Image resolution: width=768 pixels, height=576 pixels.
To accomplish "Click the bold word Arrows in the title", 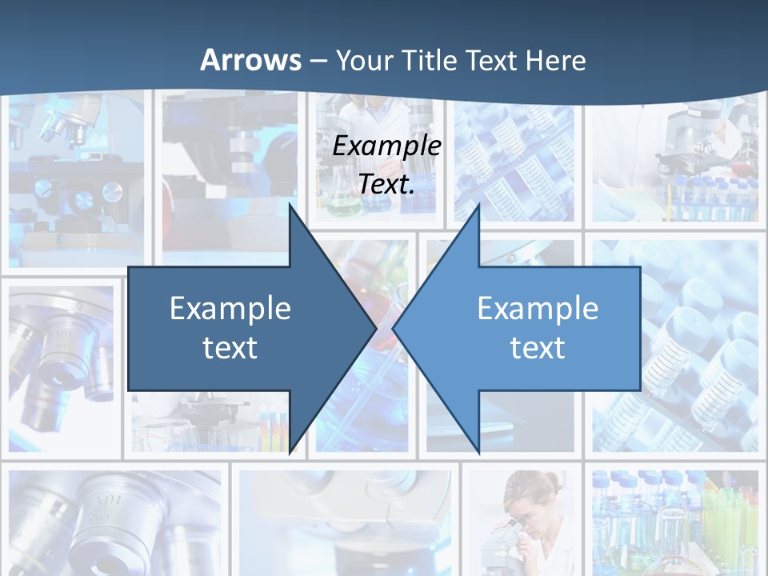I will tap(251, 60).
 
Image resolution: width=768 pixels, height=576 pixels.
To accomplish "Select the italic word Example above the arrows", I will tap(387, 146).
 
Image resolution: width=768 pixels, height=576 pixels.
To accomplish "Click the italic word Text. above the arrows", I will tap(387, 184).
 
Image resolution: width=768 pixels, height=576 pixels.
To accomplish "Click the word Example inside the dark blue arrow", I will tap(230, 309).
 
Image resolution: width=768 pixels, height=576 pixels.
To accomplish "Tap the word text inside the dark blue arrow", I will tap(230, 348).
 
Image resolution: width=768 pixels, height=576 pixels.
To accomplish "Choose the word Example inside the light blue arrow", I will tap(538, 309).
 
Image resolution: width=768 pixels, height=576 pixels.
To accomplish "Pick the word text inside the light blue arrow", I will tap(538, 348).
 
